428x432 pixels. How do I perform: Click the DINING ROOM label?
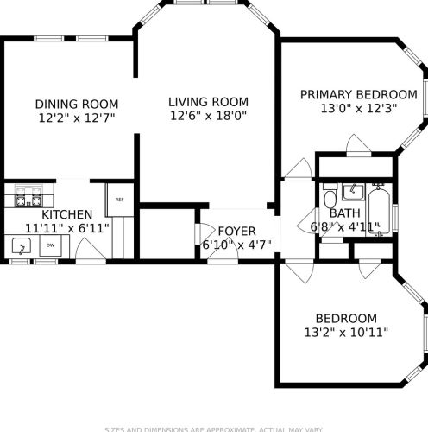pyautogui.click(x=77, y=104)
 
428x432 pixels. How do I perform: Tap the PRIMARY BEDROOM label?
pyautogui.click(x=358, y=94)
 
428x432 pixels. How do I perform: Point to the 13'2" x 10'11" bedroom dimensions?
pyautogui.click(x=345, y=331)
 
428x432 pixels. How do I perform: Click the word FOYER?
pyautogui.click(x=236, y=231)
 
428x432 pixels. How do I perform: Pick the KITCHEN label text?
pyautogui.click(x=67, y=214)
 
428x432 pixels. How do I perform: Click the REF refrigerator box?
pyautogui.click(x=118, y=200)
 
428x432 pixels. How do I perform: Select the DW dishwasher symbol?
pyautogui.click(x=50, y=246)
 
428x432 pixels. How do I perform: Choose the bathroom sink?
pyautogui.click(x=353, y=191)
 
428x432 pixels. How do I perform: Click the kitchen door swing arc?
pyautogui.click(x=86, y=251)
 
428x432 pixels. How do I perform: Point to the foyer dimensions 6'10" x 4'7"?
pyautogui.click(x=236, y=245)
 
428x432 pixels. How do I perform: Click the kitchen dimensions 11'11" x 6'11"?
pyautogui.click(x=67, y=228)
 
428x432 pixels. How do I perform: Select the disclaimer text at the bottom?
pyautogui.click(x=214, y=429)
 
